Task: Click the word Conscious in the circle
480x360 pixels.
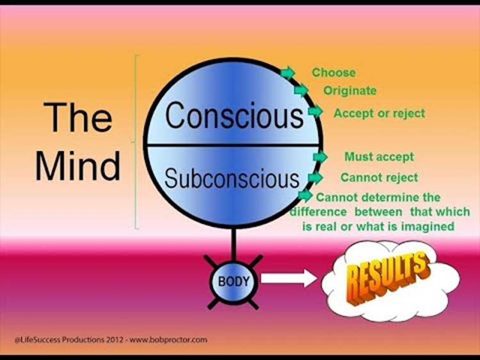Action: click(x=234, y=116)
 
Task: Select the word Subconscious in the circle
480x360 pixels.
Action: click(x=232, y=178)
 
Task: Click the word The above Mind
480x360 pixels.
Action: click(x=77, y=118)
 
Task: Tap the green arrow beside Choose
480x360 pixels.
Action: click(x=288, y=73)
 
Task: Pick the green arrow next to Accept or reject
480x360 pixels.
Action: click(x=315, y=112)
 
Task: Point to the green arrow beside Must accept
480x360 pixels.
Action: click(x=320, y=157)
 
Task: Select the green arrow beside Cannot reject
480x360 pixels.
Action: click(x=315, y=177)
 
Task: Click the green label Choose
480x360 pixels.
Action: click(x=333, y=73)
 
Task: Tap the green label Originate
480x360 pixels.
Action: click(x=349, y=91)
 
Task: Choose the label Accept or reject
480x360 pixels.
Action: click(x=379, y=113)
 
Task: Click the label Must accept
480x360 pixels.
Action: click(x=379, y=157)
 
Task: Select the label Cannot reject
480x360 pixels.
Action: click(x=379, y=177)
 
